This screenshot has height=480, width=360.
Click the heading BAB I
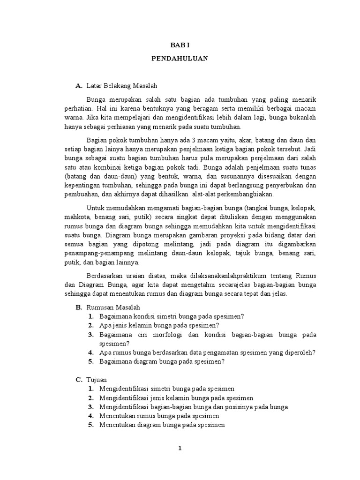[180, 46]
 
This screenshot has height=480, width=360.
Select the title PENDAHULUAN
[180, 60]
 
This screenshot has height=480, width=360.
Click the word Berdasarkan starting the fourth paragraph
[106, 276]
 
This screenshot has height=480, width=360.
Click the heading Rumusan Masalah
[113, 307]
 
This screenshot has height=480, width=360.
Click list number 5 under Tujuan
[90, 425]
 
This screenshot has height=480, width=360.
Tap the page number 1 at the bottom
[180, 449]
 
